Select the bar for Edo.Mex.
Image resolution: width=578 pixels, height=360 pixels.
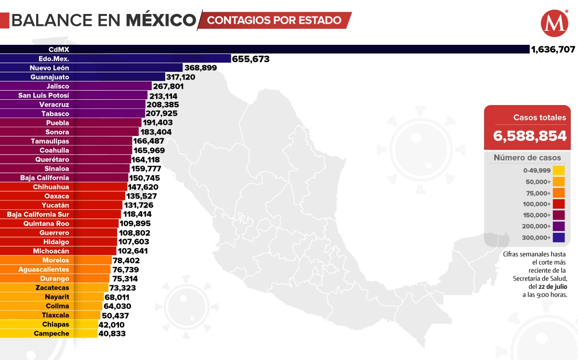[x=116, y=59]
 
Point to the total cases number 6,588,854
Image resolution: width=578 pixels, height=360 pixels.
[x=529, y=136]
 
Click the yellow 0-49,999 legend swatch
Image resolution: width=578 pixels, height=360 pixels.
[x=559, y=170]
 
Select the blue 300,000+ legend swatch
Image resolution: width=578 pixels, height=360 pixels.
[x=559, y=237]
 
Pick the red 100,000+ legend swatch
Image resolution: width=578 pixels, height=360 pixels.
[x=559, y=204]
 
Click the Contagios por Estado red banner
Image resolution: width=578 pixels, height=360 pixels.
[x=275, y=20]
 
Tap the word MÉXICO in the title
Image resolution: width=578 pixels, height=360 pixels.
[x=161, y=20]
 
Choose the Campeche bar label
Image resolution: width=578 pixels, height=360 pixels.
[x=52, y=333]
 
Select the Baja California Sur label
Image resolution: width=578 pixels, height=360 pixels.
[x=38, y=214]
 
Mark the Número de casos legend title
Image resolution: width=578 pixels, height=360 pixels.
[x=527, y=158]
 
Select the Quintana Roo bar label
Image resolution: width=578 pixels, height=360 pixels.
[x=46, y=224]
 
